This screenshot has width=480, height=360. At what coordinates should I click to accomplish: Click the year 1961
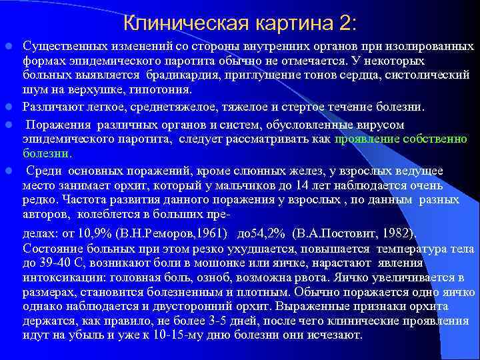pyautogui.click(x=211, y=233)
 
